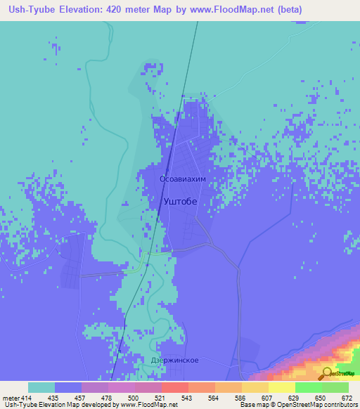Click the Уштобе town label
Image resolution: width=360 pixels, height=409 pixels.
[179, 201]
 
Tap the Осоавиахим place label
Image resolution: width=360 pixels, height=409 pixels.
[183, 179]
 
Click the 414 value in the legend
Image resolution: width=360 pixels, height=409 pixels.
[27, 398]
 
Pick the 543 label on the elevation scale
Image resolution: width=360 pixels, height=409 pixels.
[186, 398]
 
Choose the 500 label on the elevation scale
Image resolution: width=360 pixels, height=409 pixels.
[134, 398]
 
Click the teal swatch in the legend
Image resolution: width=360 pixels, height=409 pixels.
[41, 387]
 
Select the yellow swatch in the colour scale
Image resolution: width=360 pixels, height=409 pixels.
[281, 387]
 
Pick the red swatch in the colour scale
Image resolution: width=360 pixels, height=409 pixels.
[174, 387]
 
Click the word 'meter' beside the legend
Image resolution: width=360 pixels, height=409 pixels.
[11, 398]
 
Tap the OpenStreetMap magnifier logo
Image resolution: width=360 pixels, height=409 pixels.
[326, 373]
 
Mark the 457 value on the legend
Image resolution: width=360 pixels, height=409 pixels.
[80, 398]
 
